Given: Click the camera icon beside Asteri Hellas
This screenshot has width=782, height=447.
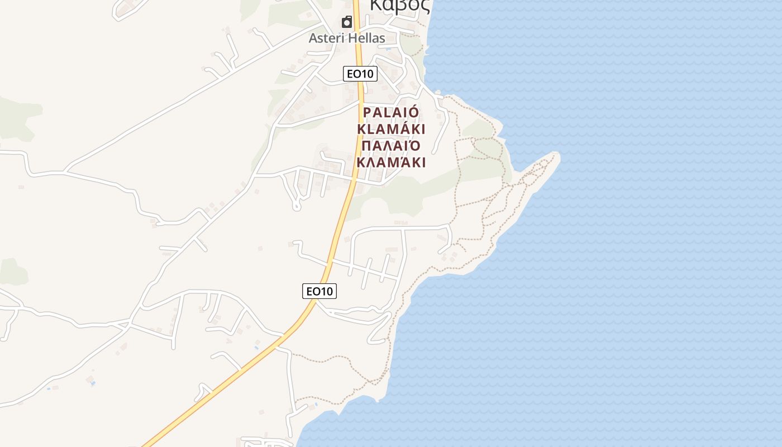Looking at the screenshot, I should pos(347,22).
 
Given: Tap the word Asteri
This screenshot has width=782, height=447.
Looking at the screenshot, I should pos(327,39).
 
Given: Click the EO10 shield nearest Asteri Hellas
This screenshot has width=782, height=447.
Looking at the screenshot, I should pos(360,74).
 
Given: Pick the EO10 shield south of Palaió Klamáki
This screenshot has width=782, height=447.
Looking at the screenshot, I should pos(320,291).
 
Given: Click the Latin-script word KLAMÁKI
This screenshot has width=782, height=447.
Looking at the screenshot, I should pos(391,129).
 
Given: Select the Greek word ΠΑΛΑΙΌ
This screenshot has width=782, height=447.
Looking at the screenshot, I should pos(391,146).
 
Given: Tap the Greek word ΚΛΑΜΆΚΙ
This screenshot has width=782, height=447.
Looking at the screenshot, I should pos(391,163).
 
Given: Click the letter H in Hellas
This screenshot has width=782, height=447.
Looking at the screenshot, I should pos(352,39).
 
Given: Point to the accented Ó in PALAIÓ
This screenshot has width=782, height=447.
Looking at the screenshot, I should pos(414,112).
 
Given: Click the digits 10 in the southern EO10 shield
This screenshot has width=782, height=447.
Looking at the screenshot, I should pos(327,291).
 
